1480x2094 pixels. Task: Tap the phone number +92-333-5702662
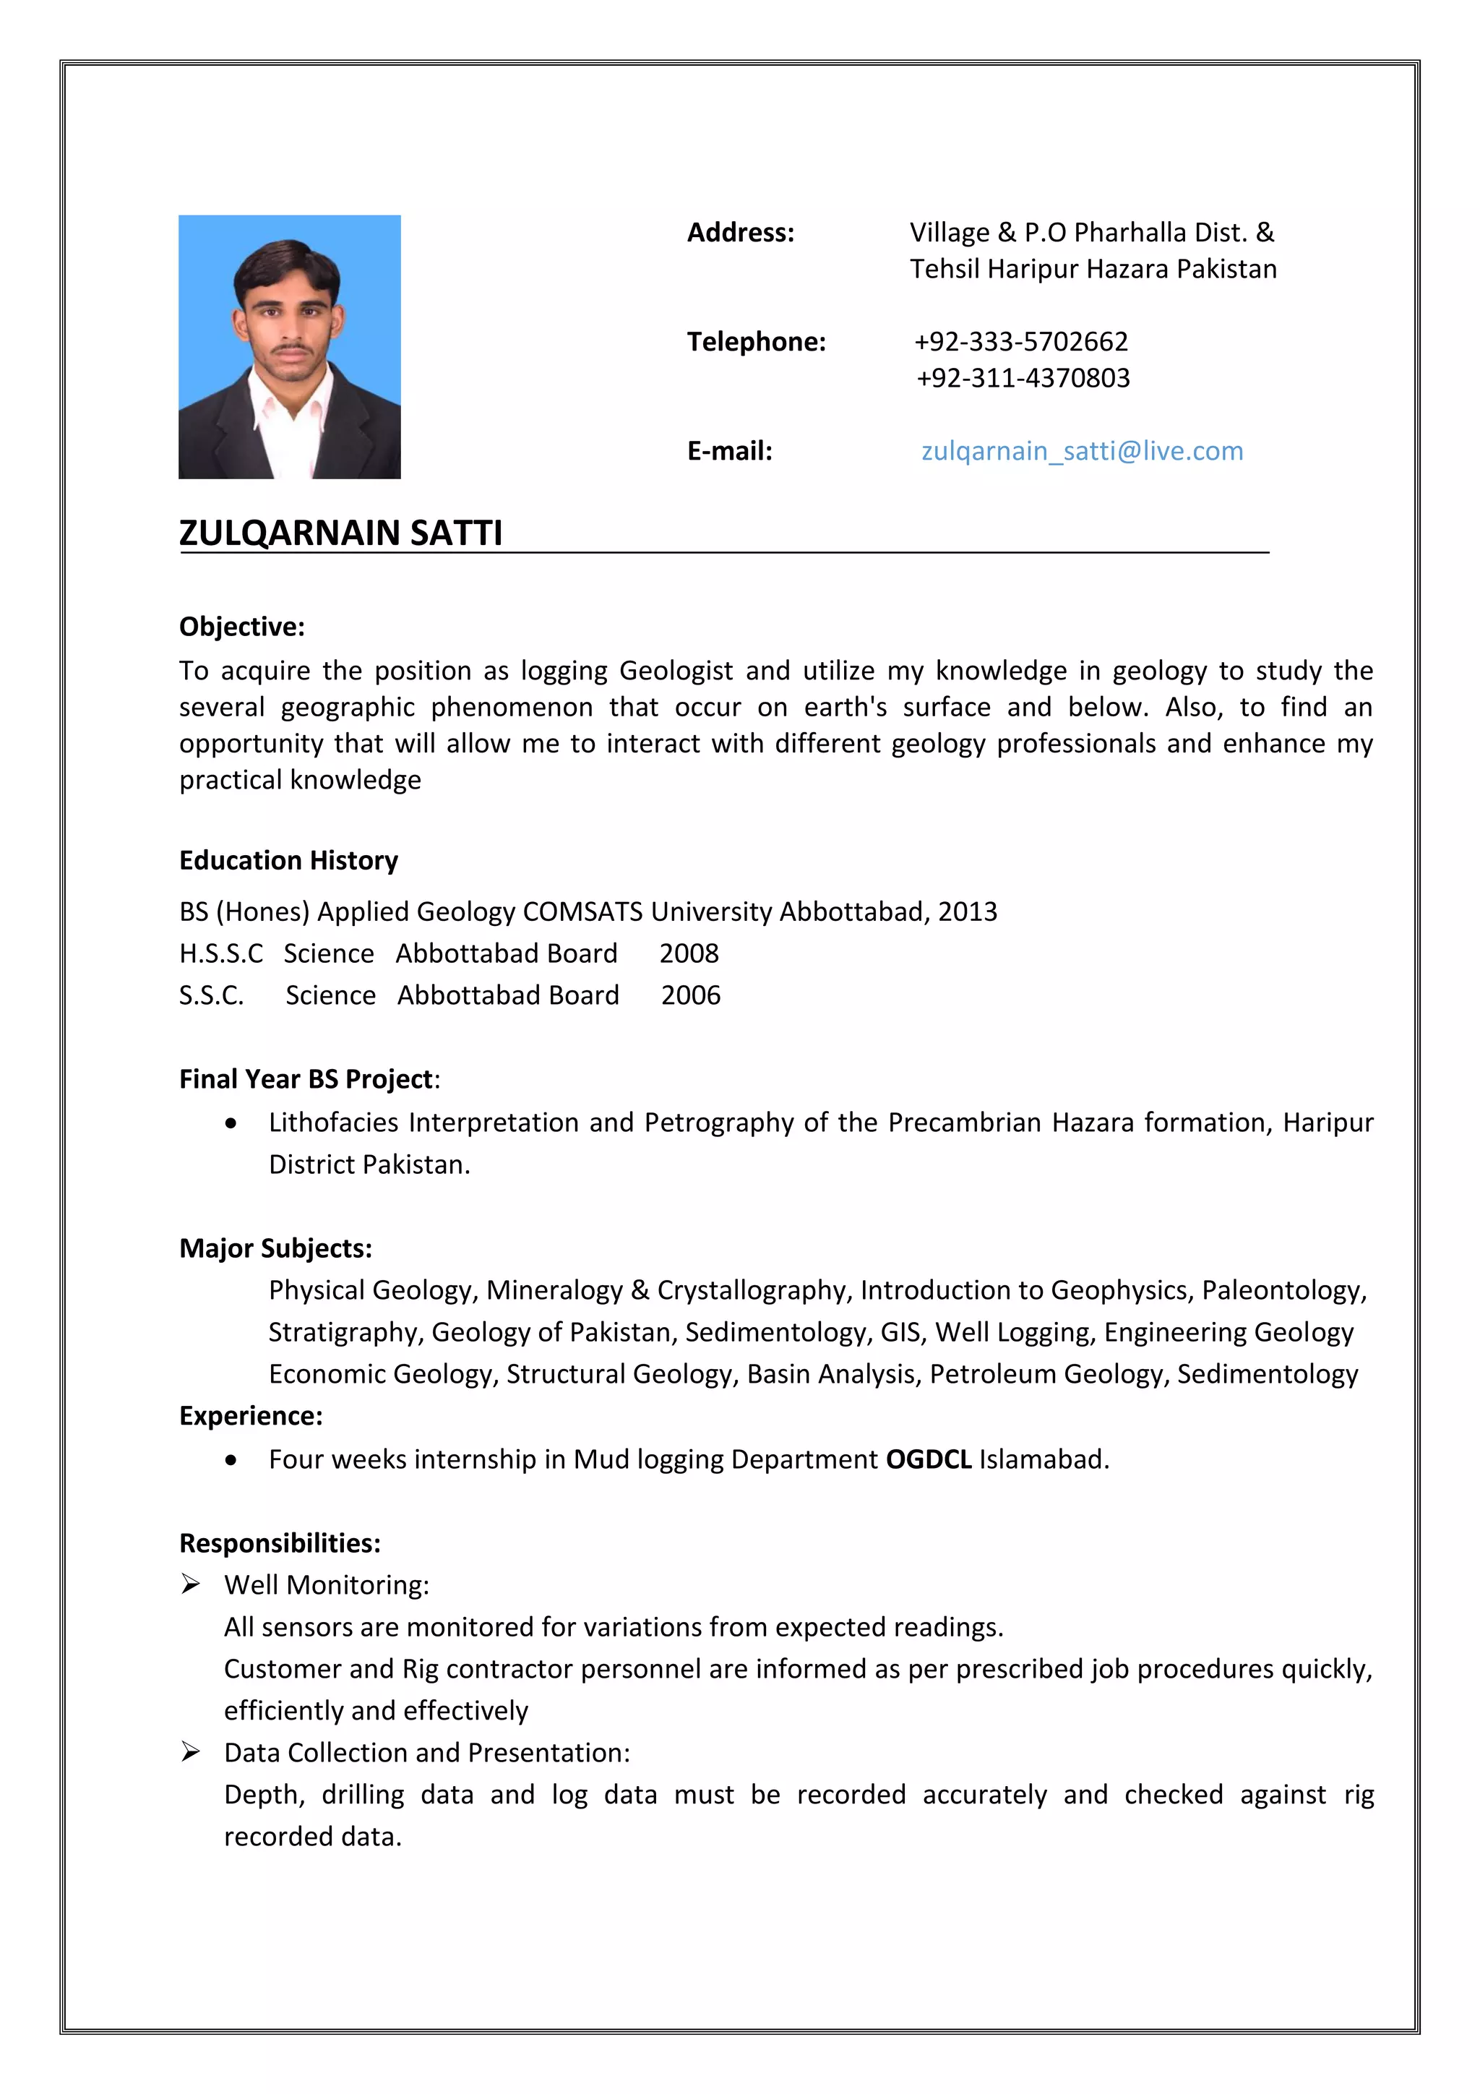tap(1020, 341)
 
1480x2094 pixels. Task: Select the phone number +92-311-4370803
tap(1023, 377)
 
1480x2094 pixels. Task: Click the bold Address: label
tap(741, 233)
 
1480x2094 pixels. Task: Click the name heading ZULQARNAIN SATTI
tap(340, 533)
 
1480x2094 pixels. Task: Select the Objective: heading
tap(241, 627)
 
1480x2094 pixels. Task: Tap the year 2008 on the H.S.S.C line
tap(689, 953)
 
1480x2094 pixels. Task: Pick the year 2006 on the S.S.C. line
tap(690, 995)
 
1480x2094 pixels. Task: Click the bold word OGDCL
tap(929, 1459)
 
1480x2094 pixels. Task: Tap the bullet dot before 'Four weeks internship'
tap(232, 1460)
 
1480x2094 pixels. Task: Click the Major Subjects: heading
tap(275, 1248)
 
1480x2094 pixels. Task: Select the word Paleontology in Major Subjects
tap(1283, 1290)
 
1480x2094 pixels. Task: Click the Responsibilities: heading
tap(279, 1543)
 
